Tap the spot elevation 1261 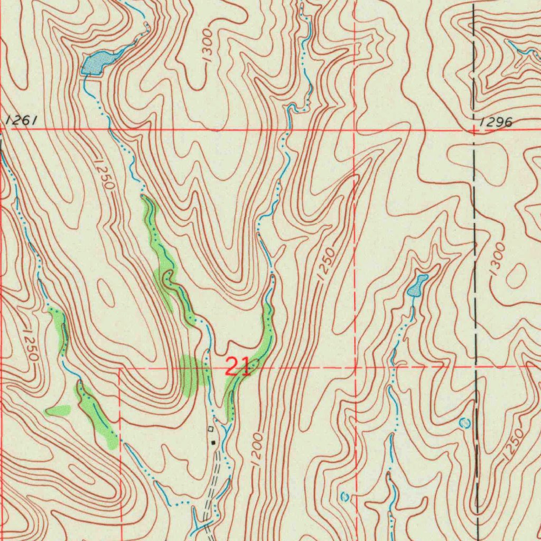pos(21,121)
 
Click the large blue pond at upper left pos(97,63)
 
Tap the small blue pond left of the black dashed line pos(417,286)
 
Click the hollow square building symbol pos(210,428)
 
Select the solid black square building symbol pos(213,442)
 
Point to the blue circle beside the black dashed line pos(465,423)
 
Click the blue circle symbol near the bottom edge pos(345,497)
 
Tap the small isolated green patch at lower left pos(59,410)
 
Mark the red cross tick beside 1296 pos(474,129)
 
